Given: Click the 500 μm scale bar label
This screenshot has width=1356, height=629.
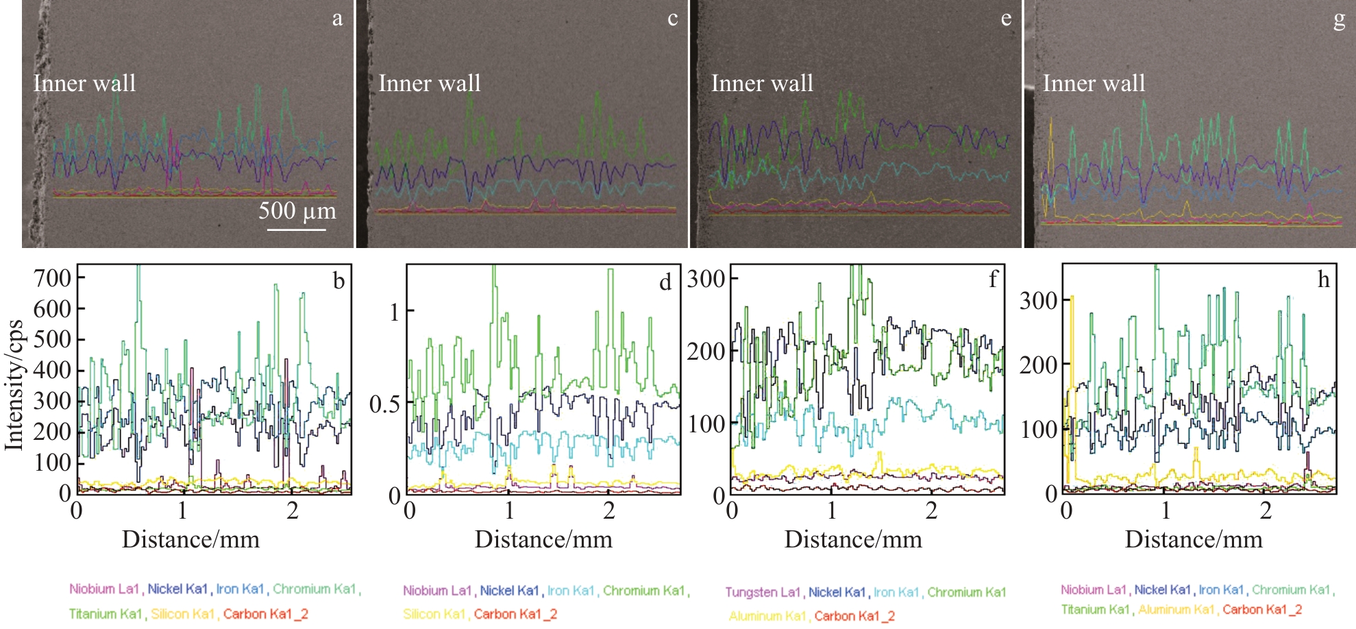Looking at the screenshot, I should [297, 211].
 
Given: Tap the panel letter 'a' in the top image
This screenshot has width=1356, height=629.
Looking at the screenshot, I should [337, 18].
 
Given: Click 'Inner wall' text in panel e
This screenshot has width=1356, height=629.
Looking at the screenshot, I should [762, 84].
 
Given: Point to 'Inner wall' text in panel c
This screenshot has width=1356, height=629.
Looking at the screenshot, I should [430, 84].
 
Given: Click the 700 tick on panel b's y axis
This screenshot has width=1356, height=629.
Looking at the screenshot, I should [53, 278].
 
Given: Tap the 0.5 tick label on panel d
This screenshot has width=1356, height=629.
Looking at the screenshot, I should [385, 404].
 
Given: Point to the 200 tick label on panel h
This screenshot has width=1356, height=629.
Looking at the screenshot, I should [1038, 365].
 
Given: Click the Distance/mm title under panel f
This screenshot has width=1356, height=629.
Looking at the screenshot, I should [853, 540].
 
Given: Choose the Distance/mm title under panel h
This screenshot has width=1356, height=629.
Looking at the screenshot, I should [1194, 540].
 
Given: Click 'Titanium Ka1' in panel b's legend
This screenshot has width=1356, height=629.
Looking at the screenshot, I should [106, 614].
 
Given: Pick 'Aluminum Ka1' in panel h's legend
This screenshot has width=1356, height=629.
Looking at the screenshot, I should [1176, 609].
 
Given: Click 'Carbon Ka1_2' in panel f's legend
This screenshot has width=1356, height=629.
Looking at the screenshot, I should [854, 616].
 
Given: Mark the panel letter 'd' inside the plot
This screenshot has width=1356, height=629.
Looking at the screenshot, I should [665, 282].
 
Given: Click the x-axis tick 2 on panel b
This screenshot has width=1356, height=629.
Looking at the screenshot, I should [293, 510].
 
